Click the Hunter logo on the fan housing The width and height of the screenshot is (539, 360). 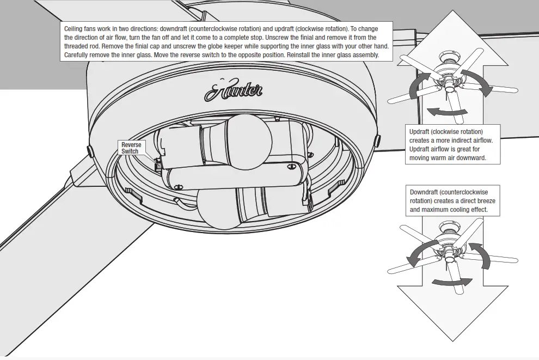234,90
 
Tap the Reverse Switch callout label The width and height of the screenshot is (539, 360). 131,148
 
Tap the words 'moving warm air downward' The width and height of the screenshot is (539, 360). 446,158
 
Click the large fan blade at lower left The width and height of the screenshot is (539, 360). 60,229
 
